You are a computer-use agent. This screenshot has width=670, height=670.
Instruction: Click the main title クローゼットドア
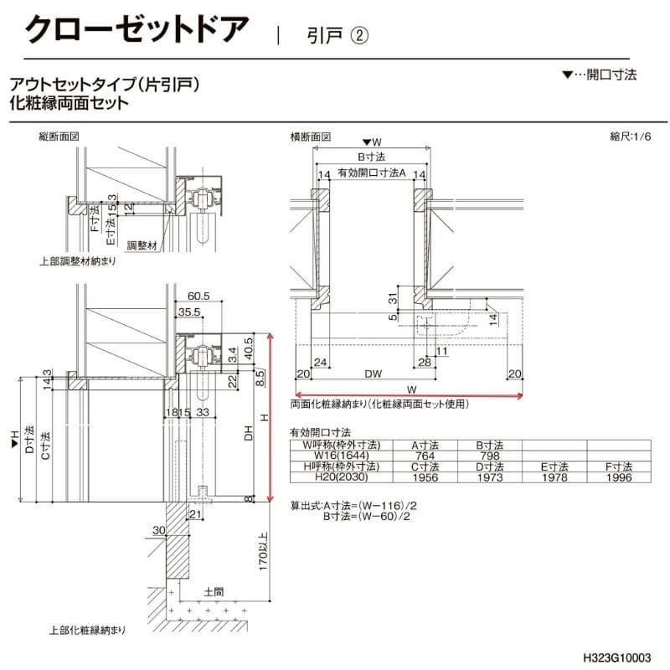tap(137, 30)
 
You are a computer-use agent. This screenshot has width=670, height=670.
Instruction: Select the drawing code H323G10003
tap(617, 658)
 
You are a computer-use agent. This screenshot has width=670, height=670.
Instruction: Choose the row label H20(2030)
tap(334, 478)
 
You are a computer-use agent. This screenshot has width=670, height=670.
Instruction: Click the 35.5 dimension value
tap(188, 312)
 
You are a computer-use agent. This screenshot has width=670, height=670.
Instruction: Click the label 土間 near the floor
tap(214, 591)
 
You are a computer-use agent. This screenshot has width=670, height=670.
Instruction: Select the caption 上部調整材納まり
tap(77, 262)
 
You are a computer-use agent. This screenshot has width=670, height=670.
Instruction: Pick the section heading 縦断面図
tap(59, 136)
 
